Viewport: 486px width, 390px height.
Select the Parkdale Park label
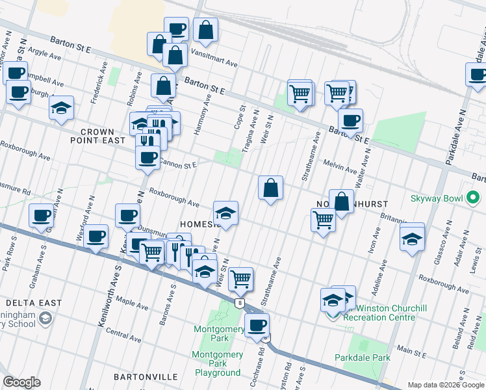[362, 357]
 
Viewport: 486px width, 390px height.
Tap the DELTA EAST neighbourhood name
[34, 303]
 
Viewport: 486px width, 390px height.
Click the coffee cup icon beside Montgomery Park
[257, 325]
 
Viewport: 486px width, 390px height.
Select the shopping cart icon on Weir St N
[240, 279]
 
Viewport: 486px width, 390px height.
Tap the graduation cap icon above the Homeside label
[225, 213]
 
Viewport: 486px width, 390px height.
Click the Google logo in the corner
[21, 382]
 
